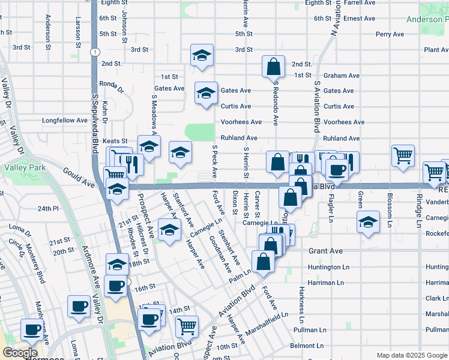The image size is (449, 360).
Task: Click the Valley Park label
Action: coord(25,169)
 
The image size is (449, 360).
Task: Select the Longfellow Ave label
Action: coord(65,121)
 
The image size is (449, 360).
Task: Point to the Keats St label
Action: coord(115,141)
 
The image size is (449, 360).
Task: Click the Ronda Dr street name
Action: coord(112,83)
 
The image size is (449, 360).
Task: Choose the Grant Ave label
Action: coord(325,251)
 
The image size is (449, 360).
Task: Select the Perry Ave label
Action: coord(390,35)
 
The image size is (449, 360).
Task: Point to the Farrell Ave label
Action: coord(360,3)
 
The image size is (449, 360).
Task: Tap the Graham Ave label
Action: coord(341,76)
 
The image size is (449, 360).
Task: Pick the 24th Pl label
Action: coord(48,209)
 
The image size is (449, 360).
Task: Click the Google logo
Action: coord(20,353)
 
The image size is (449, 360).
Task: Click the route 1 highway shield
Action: coord(95,52)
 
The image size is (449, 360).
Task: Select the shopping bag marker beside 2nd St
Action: coord(273,66)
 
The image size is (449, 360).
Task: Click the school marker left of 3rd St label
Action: coord(202,55)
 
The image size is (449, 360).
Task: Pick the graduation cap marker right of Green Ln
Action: coord(369,220)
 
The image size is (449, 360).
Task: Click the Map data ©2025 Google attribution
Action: coord(411,355)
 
